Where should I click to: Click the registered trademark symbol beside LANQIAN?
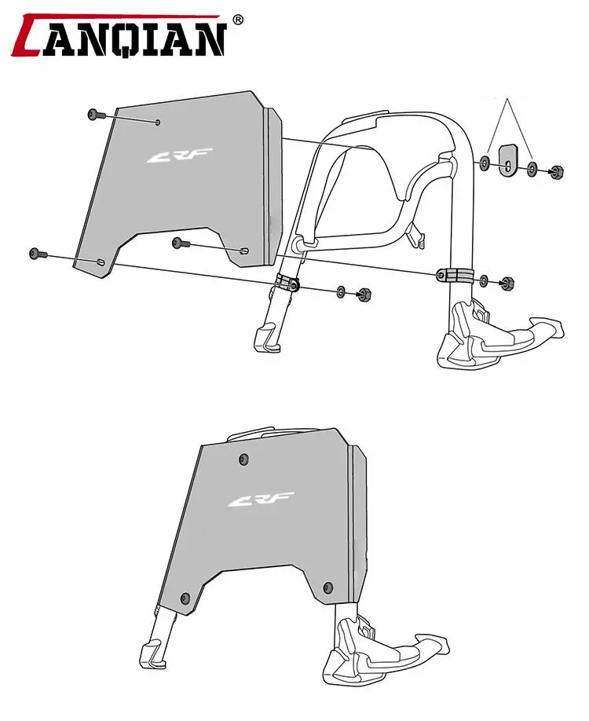[x=239, y=20]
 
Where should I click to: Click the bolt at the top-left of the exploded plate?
[x=97, y=115]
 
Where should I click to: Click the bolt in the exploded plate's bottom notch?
[x=181, y=243]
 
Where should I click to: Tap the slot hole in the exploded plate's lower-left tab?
[x=100, y=262]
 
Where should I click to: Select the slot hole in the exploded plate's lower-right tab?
[x=243, y=251]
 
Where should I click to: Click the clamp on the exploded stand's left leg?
[x=288, y=283]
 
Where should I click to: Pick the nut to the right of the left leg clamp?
[x=364, y=295]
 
